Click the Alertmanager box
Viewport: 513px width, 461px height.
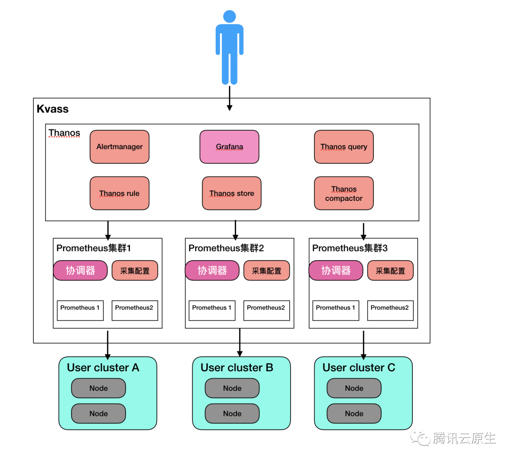tap(119, 147)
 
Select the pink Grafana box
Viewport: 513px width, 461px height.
tap(229, 147)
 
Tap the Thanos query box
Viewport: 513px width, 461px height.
tap(343, 147)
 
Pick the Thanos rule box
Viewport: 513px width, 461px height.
tap(119, 193)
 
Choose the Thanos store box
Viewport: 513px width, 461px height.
tap(231, 193)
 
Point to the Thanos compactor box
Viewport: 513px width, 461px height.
tap(343, 193)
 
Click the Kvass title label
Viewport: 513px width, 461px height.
tap(53, 109)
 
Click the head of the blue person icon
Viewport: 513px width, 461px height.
tap(230, 16)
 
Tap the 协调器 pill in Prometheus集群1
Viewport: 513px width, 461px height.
tap(80, 271)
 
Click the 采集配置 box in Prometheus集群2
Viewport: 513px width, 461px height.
tap(266, 271)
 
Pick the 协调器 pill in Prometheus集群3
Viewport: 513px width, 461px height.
tap(336, 271)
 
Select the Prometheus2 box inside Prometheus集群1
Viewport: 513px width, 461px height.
tap(134, 310)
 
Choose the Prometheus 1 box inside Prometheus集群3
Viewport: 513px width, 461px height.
tap(336, 310)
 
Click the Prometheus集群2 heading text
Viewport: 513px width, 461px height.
tap(226, 248)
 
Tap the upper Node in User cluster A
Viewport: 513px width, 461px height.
tap(98, 388)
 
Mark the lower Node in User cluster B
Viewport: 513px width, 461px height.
tap(232, 414)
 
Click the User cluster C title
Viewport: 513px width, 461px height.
tap(359, 368)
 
